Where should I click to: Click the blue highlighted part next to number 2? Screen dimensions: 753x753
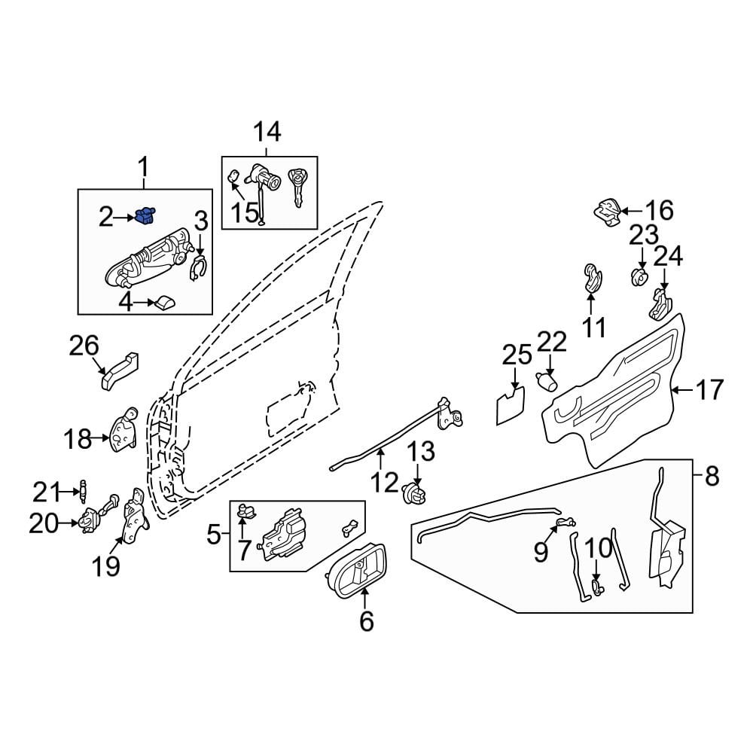point(147,216)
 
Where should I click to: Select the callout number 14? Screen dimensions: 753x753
point(267,133)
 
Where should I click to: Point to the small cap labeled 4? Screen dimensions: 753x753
point(163,303)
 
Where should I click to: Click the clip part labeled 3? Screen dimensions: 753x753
point(198,269)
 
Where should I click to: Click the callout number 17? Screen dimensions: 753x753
point(708,390)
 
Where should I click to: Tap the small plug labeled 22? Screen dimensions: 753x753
point(547,380)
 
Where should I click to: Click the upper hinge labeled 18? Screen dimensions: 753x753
point(123,431)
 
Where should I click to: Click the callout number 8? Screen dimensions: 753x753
point(711,476)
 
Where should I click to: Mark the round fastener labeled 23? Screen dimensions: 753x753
point(639,276)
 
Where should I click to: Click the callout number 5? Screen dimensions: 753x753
point(214,535)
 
